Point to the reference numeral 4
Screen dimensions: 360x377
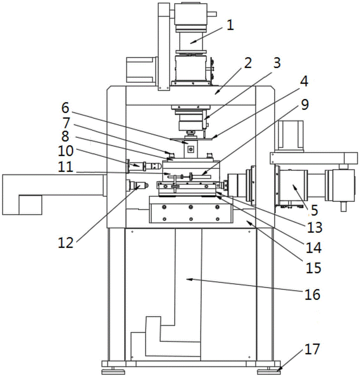304,81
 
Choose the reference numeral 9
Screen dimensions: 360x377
305,104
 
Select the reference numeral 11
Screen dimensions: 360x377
65,167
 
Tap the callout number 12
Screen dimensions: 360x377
65,242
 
